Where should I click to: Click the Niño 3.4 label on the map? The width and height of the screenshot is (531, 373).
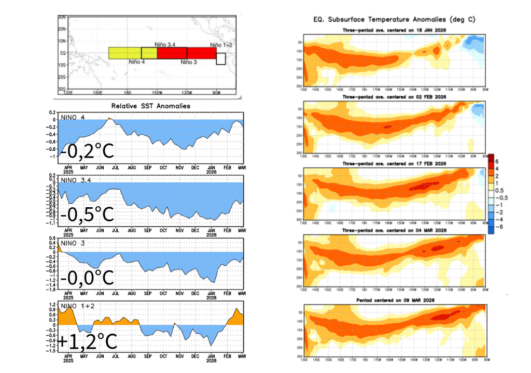point(166,45)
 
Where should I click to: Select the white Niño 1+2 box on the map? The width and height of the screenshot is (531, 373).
point(221,59)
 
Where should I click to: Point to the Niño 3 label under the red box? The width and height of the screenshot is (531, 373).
point(189,62)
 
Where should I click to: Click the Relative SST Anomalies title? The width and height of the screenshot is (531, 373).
point(150,106)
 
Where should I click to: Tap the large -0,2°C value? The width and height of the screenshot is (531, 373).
point(86,152)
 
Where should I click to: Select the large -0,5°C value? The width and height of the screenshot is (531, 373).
point(86,214)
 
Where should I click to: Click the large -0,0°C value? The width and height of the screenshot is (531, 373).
point(86,278)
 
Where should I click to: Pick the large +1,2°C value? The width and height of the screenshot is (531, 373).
point(87,341)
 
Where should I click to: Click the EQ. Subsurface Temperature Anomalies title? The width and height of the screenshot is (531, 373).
point(395,20)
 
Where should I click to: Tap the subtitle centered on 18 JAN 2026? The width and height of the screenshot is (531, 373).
point(395,31)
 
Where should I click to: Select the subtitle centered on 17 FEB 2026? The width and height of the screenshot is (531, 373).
point(395,164)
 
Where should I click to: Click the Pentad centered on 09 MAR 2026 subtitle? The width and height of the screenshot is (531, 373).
point(395,300)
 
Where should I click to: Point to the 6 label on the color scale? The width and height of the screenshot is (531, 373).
point(497,161)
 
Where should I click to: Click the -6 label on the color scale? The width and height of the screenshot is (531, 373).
point(499,227)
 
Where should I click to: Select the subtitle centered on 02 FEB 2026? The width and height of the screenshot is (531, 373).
point(395,97)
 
